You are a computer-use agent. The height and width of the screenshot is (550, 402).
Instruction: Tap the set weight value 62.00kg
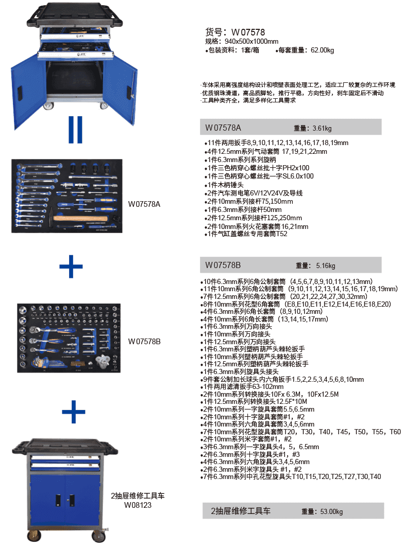click(x=322, y=50)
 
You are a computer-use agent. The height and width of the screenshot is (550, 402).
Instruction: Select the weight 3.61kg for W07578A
click(x=322, y=128)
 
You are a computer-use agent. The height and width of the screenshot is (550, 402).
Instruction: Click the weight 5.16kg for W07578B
click(x=324, y=266)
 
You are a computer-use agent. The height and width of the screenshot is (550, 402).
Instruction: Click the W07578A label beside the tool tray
click(x=144, y=204)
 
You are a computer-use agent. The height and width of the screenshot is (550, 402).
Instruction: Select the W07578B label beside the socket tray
click(x=144, y=341)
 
